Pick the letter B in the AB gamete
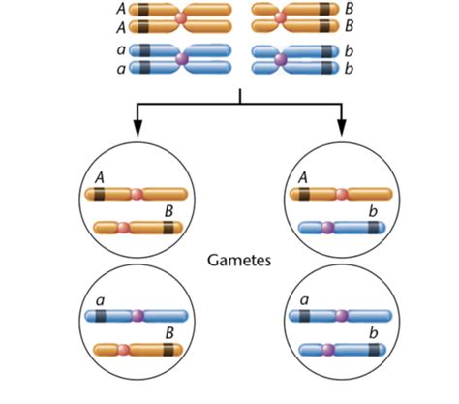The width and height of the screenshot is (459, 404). coord(168,210)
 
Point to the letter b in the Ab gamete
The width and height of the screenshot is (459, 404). coord(374,210)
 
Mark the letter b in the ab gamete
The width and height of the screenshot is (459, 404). coord(374,332)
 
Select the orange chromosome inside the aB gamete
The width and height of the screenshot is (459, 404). coord(135,350)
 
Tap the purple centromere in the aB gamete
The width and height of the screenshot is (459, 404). coord(138,316)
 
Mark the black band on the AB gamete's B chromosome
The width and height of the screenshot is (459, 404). coord(168,228)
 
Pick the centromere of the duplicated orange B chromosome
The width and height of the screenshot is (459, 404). coord(280,18)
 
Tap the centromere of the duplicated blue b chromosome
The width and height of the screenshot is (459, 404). coord(280,59)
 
